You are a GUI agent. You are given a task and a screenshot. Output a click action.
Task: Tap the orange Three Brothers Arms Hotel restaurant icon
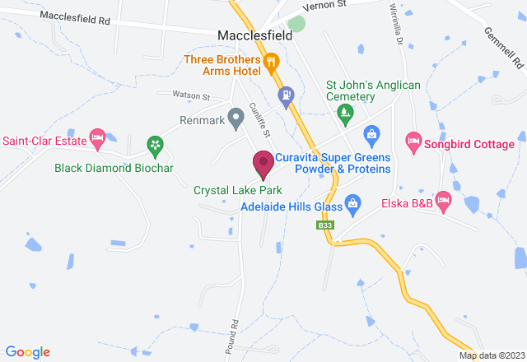tap(269, 60)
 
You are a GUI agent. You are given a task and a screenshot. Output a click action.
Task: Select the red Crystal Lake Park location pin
tap(263, 164)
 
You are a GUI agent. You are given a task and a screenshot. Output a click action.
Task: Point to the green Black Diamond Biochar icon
tap(154, 146)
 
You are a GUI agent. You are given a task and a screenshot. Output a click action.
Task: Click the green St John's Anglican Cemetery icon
tap(347, 113)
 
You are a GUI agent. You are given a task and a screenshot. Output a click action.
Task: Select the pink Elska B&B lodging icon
tap(443, 200)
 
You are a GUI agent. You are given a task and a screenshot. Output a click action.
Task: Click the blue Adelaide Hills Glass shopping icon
tap(353, 202)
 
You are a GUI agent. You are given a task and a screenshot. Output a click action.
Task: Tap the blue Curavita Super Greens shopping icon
tap(371, 133)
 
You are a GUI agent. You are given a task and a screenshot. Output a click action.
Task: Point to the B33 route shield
tap(325, 224)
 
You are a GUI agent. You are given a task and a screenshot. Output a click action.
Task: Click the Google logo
tap(26, 352)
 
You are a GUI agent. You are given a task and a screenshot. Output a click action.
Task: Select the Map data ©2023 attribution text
tap(491, 355)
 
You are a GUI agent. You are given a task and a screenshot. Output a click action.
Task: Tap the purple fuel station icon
tap(286, 95)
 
